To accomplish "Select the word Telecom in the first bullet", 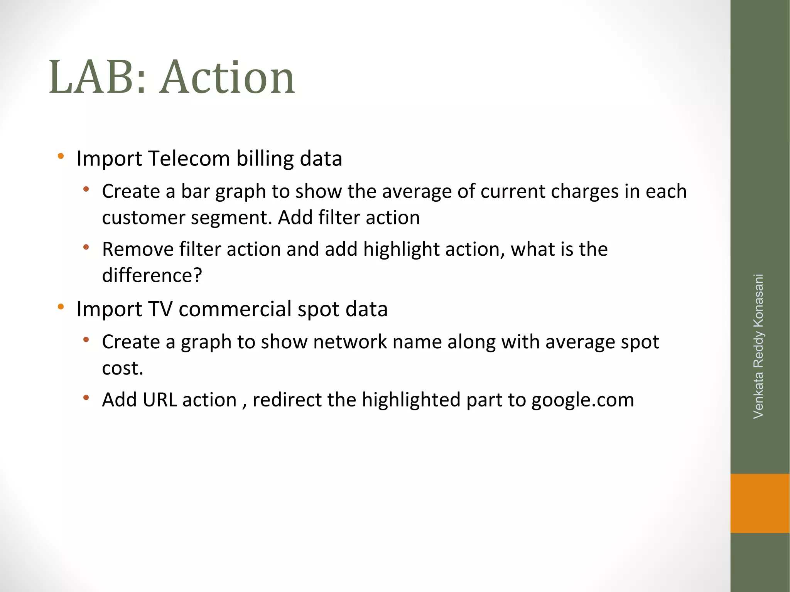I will pyautogui.click(x=189, y=159).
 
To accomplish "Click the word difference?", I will pyautogui.click(x=152, y=275).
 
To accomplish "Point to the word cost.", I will pyautogui.click(x=122, y=368).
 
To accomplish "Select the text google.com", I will pyautogui.click(x=582, y=400).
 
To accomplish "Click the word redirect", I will pyautogui.click(x=287, y=400).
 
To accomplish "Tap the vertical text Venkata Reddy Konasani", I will pyautogui.click(x=758, y=346).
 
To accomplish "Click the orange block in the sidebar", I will pyautogui.click(x=760, y=503).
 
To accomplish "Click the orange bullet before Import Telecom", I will pyautogui.click(x=61, y=157).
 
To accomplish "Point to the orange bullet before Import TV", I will pyautogui.click(x=61, y=307).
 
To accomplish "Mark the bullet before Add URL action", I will pyautogui.click(x=86, y=398).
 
